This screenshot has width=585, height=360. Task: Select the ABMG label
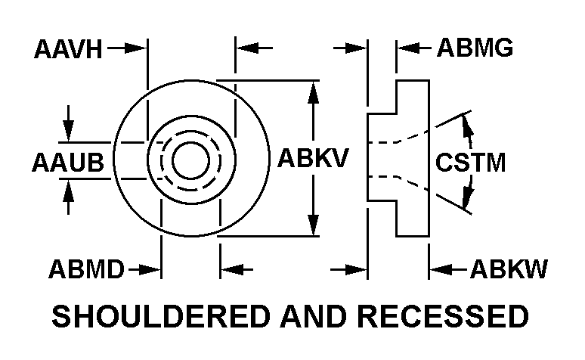click(x=475, y=50)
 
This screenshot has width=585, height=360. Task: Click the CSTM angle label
click(x=471, y=163)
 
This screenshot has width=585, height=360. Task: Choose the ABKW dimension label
click(x=509, y=269)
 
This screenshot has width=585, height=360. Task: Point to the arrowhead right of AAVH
click(x=137, y=48)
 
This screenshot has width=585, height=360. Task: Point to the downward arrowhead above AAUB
click(x=69, y=132)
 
